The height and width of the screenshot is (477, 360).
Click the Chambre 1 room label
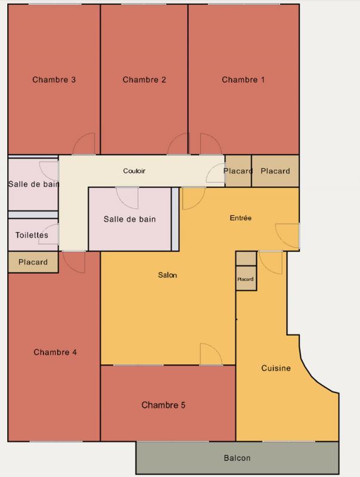tap(243, 80)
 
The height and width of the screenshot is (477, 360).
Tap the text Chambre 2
tap(144, 80)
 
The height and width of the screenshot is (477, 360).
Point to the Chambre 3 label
tap(54, 80)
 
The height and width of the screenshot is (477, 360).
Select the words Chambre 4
tap(55, 352)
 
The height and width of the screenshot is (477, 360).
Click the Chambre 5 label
tap(163, 405)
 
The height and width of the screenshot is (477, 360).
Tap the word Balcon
tap(237, 459)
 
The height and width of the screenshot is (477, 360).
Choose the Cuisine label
tap(276, 368)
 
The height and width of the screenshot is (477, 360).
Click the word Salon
tap(167, 275)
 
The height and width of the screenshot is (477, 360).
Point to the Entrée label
tap(241, 218)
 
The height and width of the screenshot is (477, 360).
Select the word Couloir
tap(134, 171)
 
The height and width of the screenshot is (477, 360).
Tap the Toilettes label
tap(32, 236)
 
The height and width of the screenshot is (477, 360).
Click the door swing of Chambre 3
tap(85, 144)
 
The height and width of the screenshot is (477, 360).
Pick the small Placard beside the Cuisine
tap(246, 279)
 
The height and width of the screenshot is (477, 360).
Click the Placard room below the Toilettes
tap(33, 262)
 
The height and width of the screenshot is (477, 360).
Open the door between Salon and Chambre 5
tap(210, 354)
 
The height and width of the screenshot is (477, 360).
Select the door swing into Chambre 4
tap(73, 261)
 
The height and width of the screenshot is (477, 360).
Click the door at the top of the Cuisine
tap(271, 262)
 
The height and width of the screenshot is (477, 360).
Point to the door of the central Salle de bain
tap(128, 197)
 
